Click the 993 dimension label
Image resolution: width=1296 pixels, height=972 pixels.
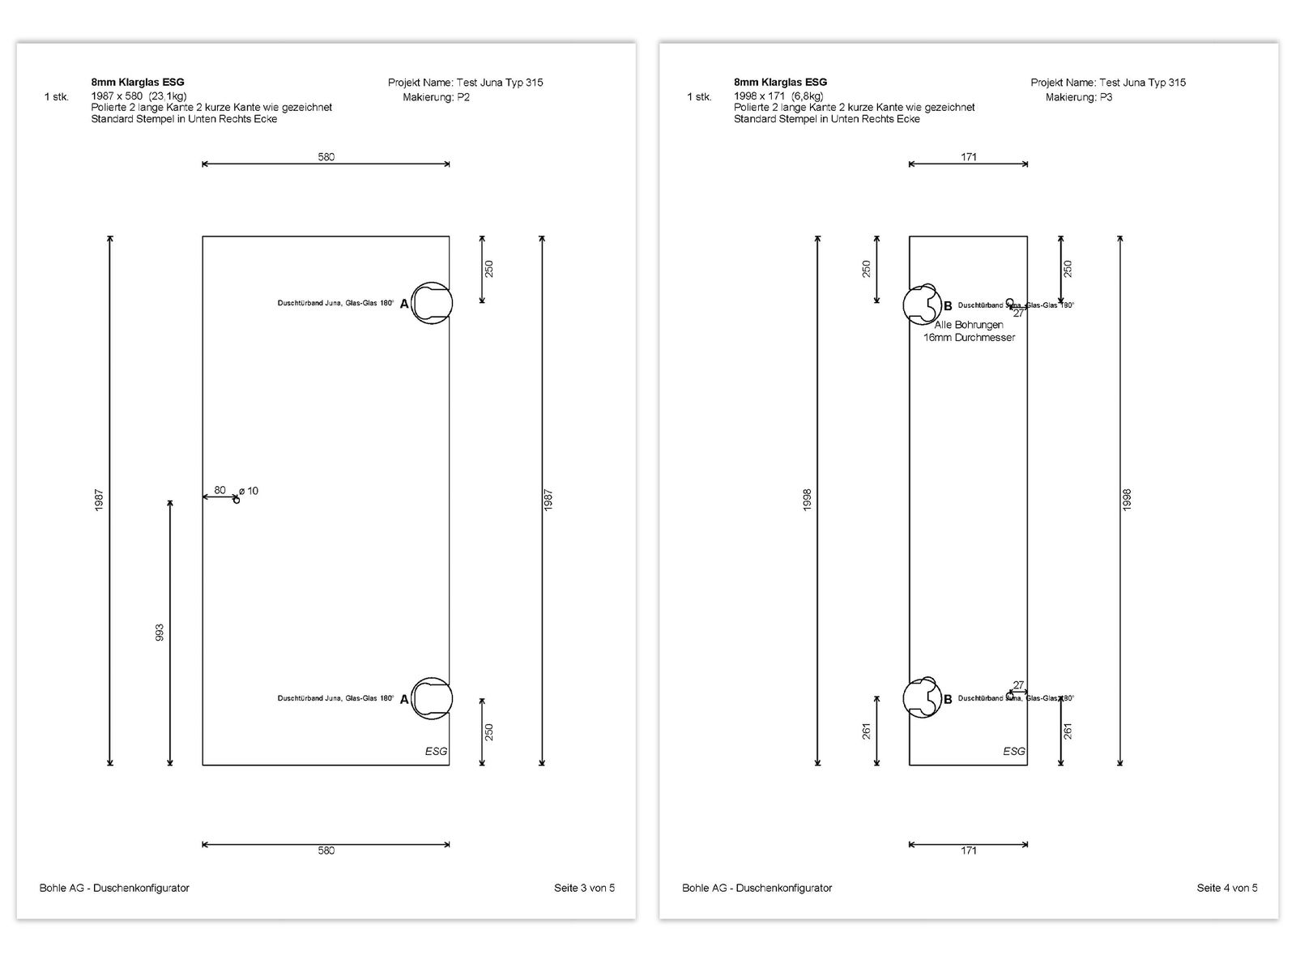pyautogui.click(x=160, y=633)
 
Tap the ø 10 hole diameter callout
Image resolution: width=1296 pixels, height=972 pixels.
pyautogui.click(x=249, y=491)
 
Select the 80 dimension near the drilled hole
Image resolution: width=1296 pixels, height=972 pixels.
pyautogui.click(x=220, y=490)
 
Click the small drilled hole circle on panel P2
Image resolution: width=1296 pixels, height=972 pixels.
pyautogui.click(x=237, y=500)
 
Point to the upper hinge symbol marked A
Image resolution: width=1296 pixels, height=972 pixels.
pyautogui.click(x=431, y=303)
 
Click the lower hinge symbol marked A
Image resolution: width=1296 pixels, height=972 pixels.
pyautogui.click(x=431, y=698)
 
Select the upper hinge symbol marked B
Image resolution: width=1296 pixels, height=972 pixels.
pyautogui.click(x=922, y=304)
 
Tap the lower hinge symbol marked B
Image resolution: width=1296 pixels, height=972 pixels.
pyautogui.click(x=922, y=698)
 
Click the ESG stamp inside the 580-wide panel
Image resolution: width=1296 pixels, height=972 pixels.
pyautogui.click(x=436, y=751)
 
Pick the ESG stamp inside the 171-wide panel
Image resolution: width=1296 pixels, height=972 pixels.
pyautogui.click(x=1014, y=751)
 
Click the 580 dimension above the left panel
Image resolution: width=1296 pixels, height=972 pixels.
pyautogui.click(x=326, y=157)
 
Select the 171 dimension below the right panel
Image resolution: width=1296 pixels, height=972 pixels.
pyautogui.click(x=969, y=850)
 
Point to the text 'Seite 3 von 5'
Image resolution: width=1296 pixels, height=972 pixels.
pyautogui.click(x=584, y=888)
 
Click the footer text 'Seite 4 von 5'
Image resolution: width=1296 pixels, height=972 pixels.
pyautogui.click(x=1227, y=888)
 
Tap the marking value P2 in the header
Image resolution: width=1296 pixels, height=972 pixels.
pyautogui.click(x=463, y=97)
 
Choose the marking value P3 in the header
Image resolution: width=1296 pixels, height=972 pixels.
pyautogui.click(x=1106, y=97)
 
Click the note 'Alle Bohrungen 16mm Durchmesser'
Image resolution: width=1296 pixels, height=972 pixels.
pyautogui.click(x=969, y=331)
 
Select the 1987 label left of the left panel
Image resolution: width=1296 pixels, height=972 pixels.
pyautogui.click(x=100, y=500)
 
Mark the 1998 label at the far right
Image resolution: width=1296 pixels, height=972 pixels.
pyautogui.click(x=1127, y=500)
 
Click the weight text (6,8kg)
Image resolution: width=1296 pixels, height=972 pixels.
pyautogui.click(x=807, y=96)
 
